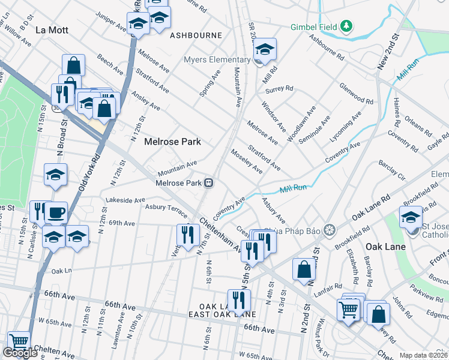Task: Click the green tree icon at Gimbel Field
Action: (x=346, y=26)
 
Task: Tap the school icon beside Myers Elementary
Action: (x=264, y=49)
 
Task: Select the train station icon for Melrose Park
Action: (x=208, y=183)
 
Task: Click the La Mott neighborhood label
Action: (x=52, y=30)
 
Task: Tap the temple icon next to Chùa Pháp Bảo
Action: (x=328, y=229)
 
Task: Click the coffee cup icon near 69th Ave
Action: (x=56, y=212)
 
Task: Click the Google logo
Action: (x=20, y=353)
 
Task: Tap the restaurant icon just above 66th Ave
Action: (x=240, y=299)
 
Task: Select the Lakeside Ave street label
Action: (x=125, y=200)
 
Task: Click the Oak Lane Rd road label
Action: (x=371, y=206)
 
